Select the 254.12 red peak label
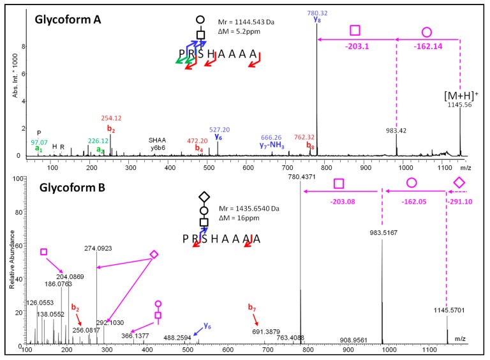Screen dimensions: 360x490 [110, 118]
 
